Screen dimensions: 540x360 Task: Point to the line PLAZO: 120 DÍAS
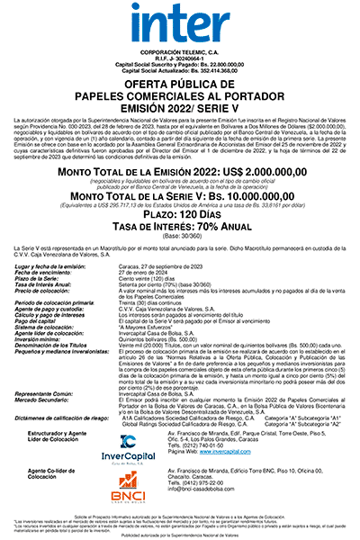tap(180, 218)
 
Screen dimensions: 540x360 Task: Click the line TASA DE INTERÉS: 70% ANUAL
tap(180, 229)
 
